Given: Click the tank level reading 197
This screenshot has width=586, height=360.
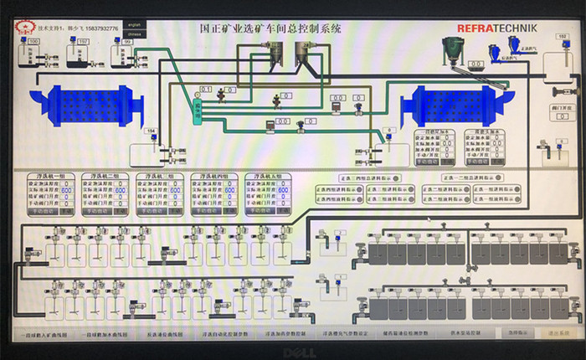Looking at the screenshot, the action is pyautogui.click(x=59, y=41).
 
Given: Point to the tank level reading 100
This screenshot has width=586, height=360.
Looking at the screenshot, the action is pyautogui.click(x=33, y=41).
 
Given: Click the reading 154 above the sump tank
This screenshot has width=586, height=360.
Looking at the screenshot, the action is pyautogui.click(x=152, y=131).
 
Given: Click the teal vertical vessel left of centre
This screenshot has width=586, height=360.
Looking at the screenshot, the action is pyautogui.click(x=198, y=111).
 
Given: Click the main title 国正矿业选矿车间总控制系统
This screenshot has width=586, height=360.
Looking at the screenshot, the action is pyautogui.click(x=270, y=28).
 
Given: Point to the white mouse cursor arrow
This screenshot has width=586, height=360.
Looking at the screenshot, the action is pyautogui.click(x=429, y=220).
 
